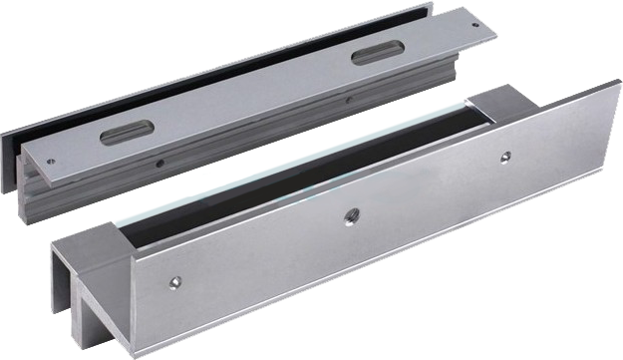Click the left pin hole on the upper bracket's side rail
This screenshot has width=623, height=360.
coord(158,160)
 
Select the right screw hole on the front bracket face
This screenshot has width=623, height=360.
coord(505,155)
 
